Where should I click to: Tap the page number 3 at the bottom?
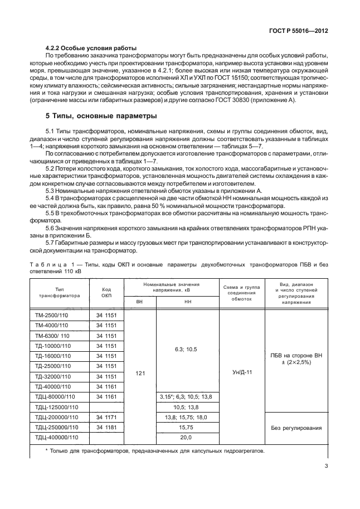tap(325, 467)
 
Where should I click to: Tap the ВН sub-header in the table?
tap(139, 302)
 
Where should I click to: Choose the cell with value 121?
tap(139, 376)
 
